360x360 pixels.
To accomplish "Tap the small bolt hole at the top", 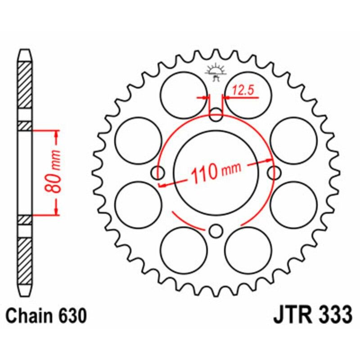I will tap(216, 115).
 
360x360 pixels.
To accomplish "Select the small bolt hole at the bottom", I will tap(216, 231).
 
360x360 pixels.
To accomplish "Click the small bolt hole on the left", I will tap(158, 172).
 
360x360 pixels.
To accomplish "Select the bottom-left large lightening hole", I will tap(183, 250).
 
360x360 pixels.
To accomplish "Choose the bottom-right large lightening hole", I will tap(248, 250).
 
